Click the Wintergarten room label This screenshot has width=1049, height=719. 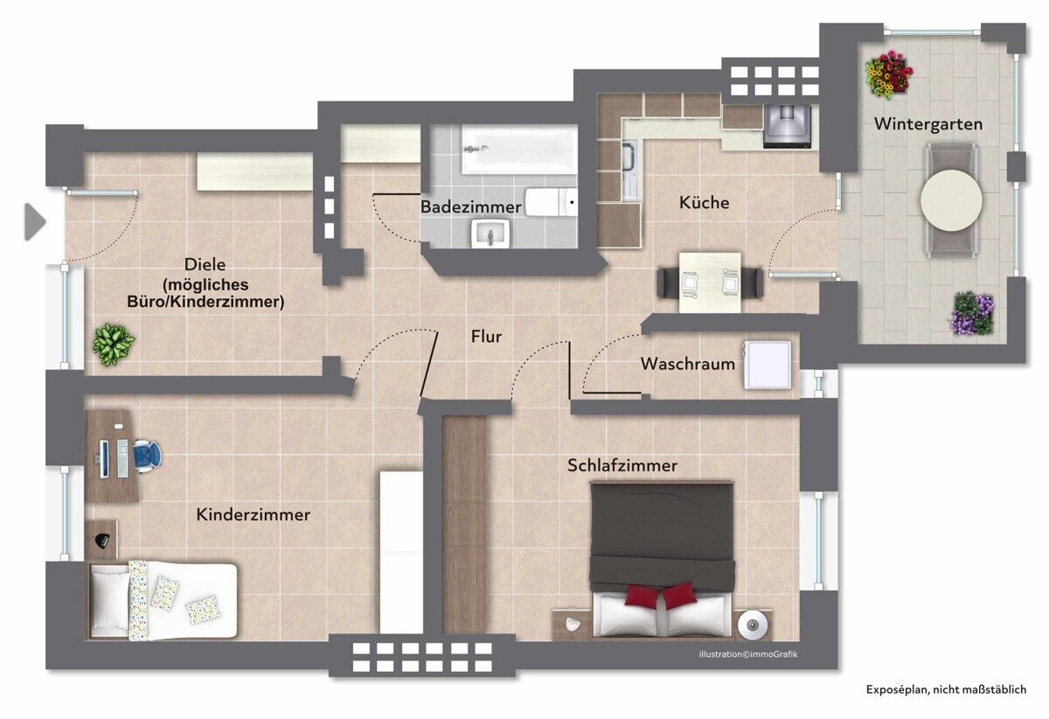(x=928, y=125)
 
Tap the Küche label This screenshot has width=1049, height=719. (x=704, y=202)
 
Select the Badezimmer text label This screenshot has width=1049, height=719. (x=470, y=206)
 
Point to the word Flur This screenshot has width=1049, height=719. (x=486, y=336)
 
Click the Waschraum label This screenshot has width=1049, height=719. (x=687, y=364)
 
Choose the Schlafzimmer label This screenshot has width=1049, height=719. (x=622, y=465)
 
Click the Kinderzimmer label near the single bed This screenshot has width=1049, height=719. (x=253, y=514)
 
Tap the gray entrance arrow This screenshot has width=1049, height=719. (x=35, y=221)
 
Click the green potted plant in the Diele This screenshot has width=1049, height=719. (x=114, y=345)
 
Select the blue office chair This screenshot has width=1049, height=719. (x=147, y=454)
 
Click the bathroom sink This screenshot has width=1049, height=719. (x=490, y=234)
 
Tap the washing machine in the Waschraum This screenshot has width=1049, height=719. (x=768, y=365)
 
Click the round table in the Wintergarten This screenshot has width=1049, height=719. (x=951, y=199)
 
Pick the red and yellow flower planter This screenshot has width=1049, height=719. (x=888, y=75)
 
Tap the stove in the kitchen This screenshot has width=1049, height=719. (x=787, y=126)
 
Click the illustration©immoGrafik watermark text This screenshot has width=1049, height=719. (x=748, y=654)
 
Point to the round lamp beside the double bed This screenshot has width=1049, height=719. (x=753, y=625)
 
